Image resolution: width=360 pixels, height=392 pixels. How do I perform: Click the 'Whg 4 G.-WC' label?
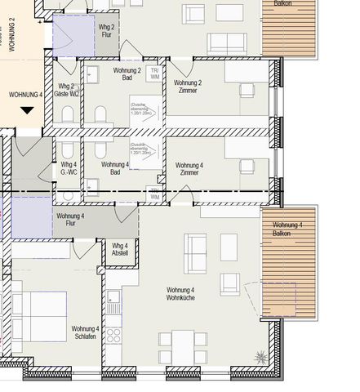point(69,169)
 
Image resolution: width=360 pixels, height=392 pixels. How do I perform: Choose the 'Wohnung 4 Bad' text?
point(114,169)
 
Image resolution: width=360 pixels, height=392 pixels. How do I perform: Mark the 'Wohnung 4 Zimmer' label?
point(189,169)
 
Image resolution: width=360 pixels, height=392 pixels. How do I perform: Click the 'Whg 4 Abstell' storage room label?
point(120,250)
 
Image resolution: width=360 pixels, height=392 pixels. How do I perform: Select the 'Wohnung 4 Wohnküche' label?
point(180,295)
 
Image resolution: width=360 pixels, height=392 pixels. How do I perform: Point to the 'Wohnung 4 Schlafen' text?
point(85,333)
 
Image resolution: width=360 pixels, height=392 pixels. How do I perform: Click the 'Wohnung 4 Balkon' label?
point(287,230)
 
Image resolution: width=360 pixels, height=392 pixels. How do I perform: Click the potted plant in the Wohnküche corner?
point(261,356)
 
